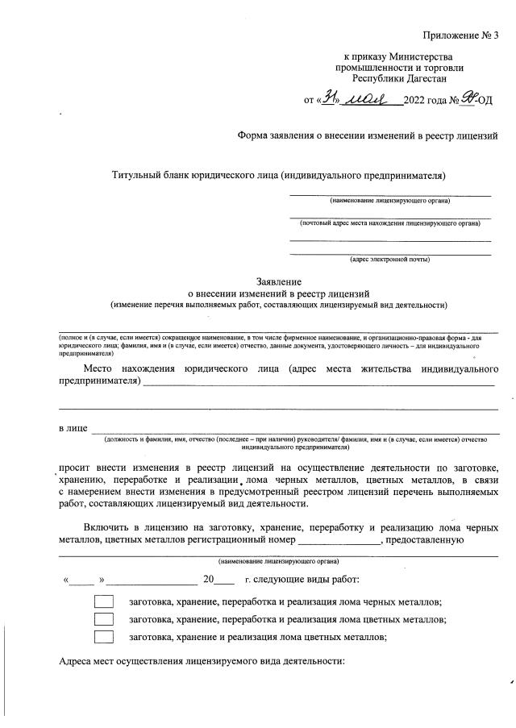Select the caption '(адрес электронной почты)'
(x=389, y=260)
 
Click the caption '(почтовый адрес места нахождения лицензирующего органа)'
(x=389, y=222)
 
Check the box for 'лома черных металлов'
(x=103, y=601)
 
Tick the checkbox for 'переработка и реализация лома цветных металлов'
(x=103, y=619)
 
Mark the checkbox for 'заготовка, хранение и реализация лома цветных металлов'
(x=103, y=637)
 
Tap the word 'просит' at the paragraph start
(x=77, y=468)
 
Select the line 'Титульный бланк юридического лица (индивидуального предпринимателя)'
(x=278, y=175)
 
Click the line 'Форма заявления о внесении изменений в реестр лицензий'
(x=367, y=136)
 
